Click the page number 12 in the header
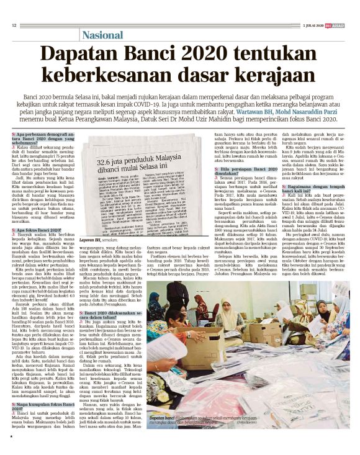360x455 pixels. tap(14, 25)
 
